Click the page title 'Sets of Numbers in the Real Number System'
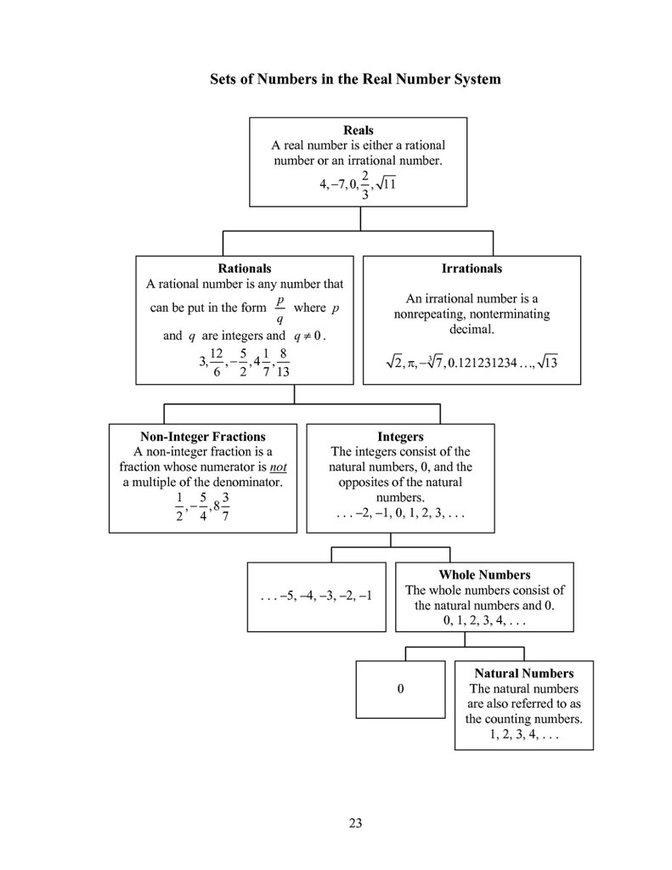[x=355, y=80]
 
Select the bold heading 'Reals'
[x=358, y=130]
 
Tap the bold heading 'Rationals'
[x=245, y=268]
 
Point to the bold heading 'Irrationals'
[x=472, y=268]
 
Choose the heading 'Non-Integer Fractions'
[x=202, y=437]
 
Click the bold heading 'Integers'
[x=400, y=437]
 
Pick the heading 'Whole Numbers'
[x=484, y=574]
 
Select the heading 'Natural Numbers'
[x=523, y=673]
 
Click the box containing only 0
[x=399, y=689]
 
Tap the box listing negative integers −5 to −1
[x=315, y=596]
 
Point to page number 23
[x=355, y=822]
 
